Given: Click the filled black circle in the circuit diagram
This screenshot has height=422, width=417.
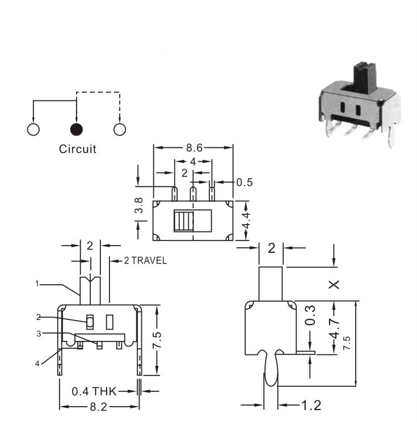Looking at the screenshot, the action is [x=77, y=129].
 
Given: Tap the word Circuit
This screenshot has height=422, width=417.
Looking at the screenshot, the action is [x=78, y=149].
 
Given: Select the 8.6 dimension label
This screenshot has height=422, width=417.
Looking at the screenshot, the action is [x=194, y=147].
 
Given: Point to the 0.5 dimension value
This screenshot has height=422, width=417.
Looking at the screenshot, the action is [x=245, y=183].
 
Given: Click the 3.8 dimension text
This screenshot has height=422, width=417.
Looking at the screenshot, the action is [x=139, y=206].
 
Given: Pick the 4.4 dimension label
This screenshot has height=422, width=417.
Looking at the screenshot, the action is [x=246, y=220].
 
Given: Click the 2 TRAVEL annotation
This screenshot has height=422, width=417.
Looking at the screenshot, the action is [x=145, y=260].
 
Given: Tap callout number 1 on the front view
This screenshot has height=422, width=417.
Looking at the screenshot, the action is [x=37, y=284].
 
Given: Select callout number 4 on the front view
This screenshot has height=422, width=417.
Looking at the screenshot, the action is [x=37, y=364].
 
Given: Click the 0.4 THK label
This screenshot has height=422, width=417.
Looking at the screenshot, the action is [x=94, y=391].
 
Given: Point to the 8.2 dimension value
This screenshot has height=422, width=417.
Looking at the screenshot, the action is [x=98, y=407].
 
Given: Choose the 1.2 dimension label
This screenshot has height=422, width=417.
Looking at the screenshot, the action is [x=311, y=406].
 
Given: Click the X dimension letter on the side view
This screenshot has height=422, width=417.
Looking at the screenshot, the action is [x=334, y=285].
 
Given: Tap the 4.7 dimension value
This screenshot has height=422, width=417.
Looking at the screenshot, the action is [x=334, y=328].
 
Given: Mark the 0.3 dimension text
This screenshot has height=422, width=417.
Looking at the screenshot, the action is [x=311, y=315].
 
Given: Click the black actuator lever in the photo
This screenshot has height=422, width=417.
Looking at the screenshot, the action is [x=364, y=78].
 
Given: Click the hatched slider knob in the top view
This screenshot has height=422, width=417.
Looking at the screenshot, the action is [x=184, y=221].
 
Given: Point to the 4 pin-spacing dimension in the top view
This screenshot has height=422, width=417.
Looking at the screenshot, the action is [x=193, y=162].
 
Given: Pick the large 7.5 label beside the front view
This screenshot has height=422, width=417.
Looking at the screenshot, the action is [x=157, y=340].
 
